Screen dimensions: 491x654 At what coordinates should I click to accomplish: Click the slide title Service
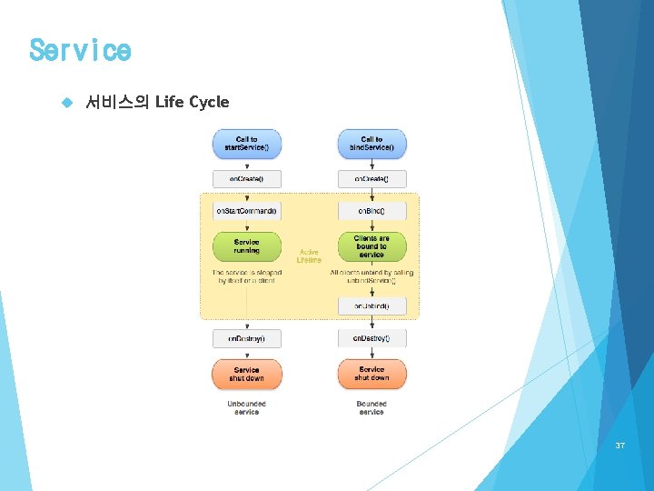80,50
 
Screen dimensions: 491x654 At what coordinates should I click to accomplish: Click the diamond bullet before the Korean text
64,103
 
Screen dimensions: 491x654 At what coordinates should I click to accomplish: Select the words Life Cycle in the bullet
192,102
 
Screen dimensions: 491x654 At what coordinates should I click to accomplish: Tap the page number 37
620,446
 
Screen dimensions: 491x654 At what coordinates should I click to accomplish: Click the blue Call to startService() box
247,144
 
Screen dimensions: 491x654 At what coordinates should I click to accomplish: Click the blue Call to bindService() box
372,144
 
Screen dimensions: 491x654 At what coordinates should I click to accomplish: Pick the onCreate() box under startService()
247,179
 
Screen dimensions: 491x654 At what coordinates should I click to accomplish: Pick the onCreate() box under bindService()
372,179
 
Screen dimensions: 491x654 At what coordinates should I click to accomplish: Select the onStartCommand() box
247,211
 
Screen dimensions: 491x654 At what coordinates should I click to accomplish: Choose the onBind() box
372,211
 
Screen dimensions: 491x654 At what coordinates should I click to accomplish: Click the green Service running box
247,246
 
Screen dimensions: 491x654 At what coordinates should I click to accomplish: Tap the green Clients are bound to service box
372,246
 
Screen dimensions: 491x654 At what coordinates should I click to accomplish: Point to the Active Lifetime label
309,256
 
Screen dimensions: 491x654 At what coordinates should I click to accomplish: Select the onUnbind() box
372,306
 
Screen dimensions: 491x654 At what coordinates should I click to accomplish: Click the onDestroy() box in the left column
247,338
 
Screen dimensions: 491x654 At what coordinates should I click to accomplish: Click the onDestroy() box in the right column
372,338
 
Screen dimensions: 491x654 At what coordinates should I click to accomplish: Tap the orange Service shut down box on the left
247,374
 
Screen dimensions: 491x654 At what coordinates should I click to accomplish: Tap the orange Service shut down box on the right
372,374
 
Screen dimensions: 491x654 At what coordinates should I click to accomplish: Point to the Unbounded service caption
247,407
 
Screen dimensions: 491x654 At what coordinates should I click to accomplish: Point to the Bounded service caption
372,407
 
